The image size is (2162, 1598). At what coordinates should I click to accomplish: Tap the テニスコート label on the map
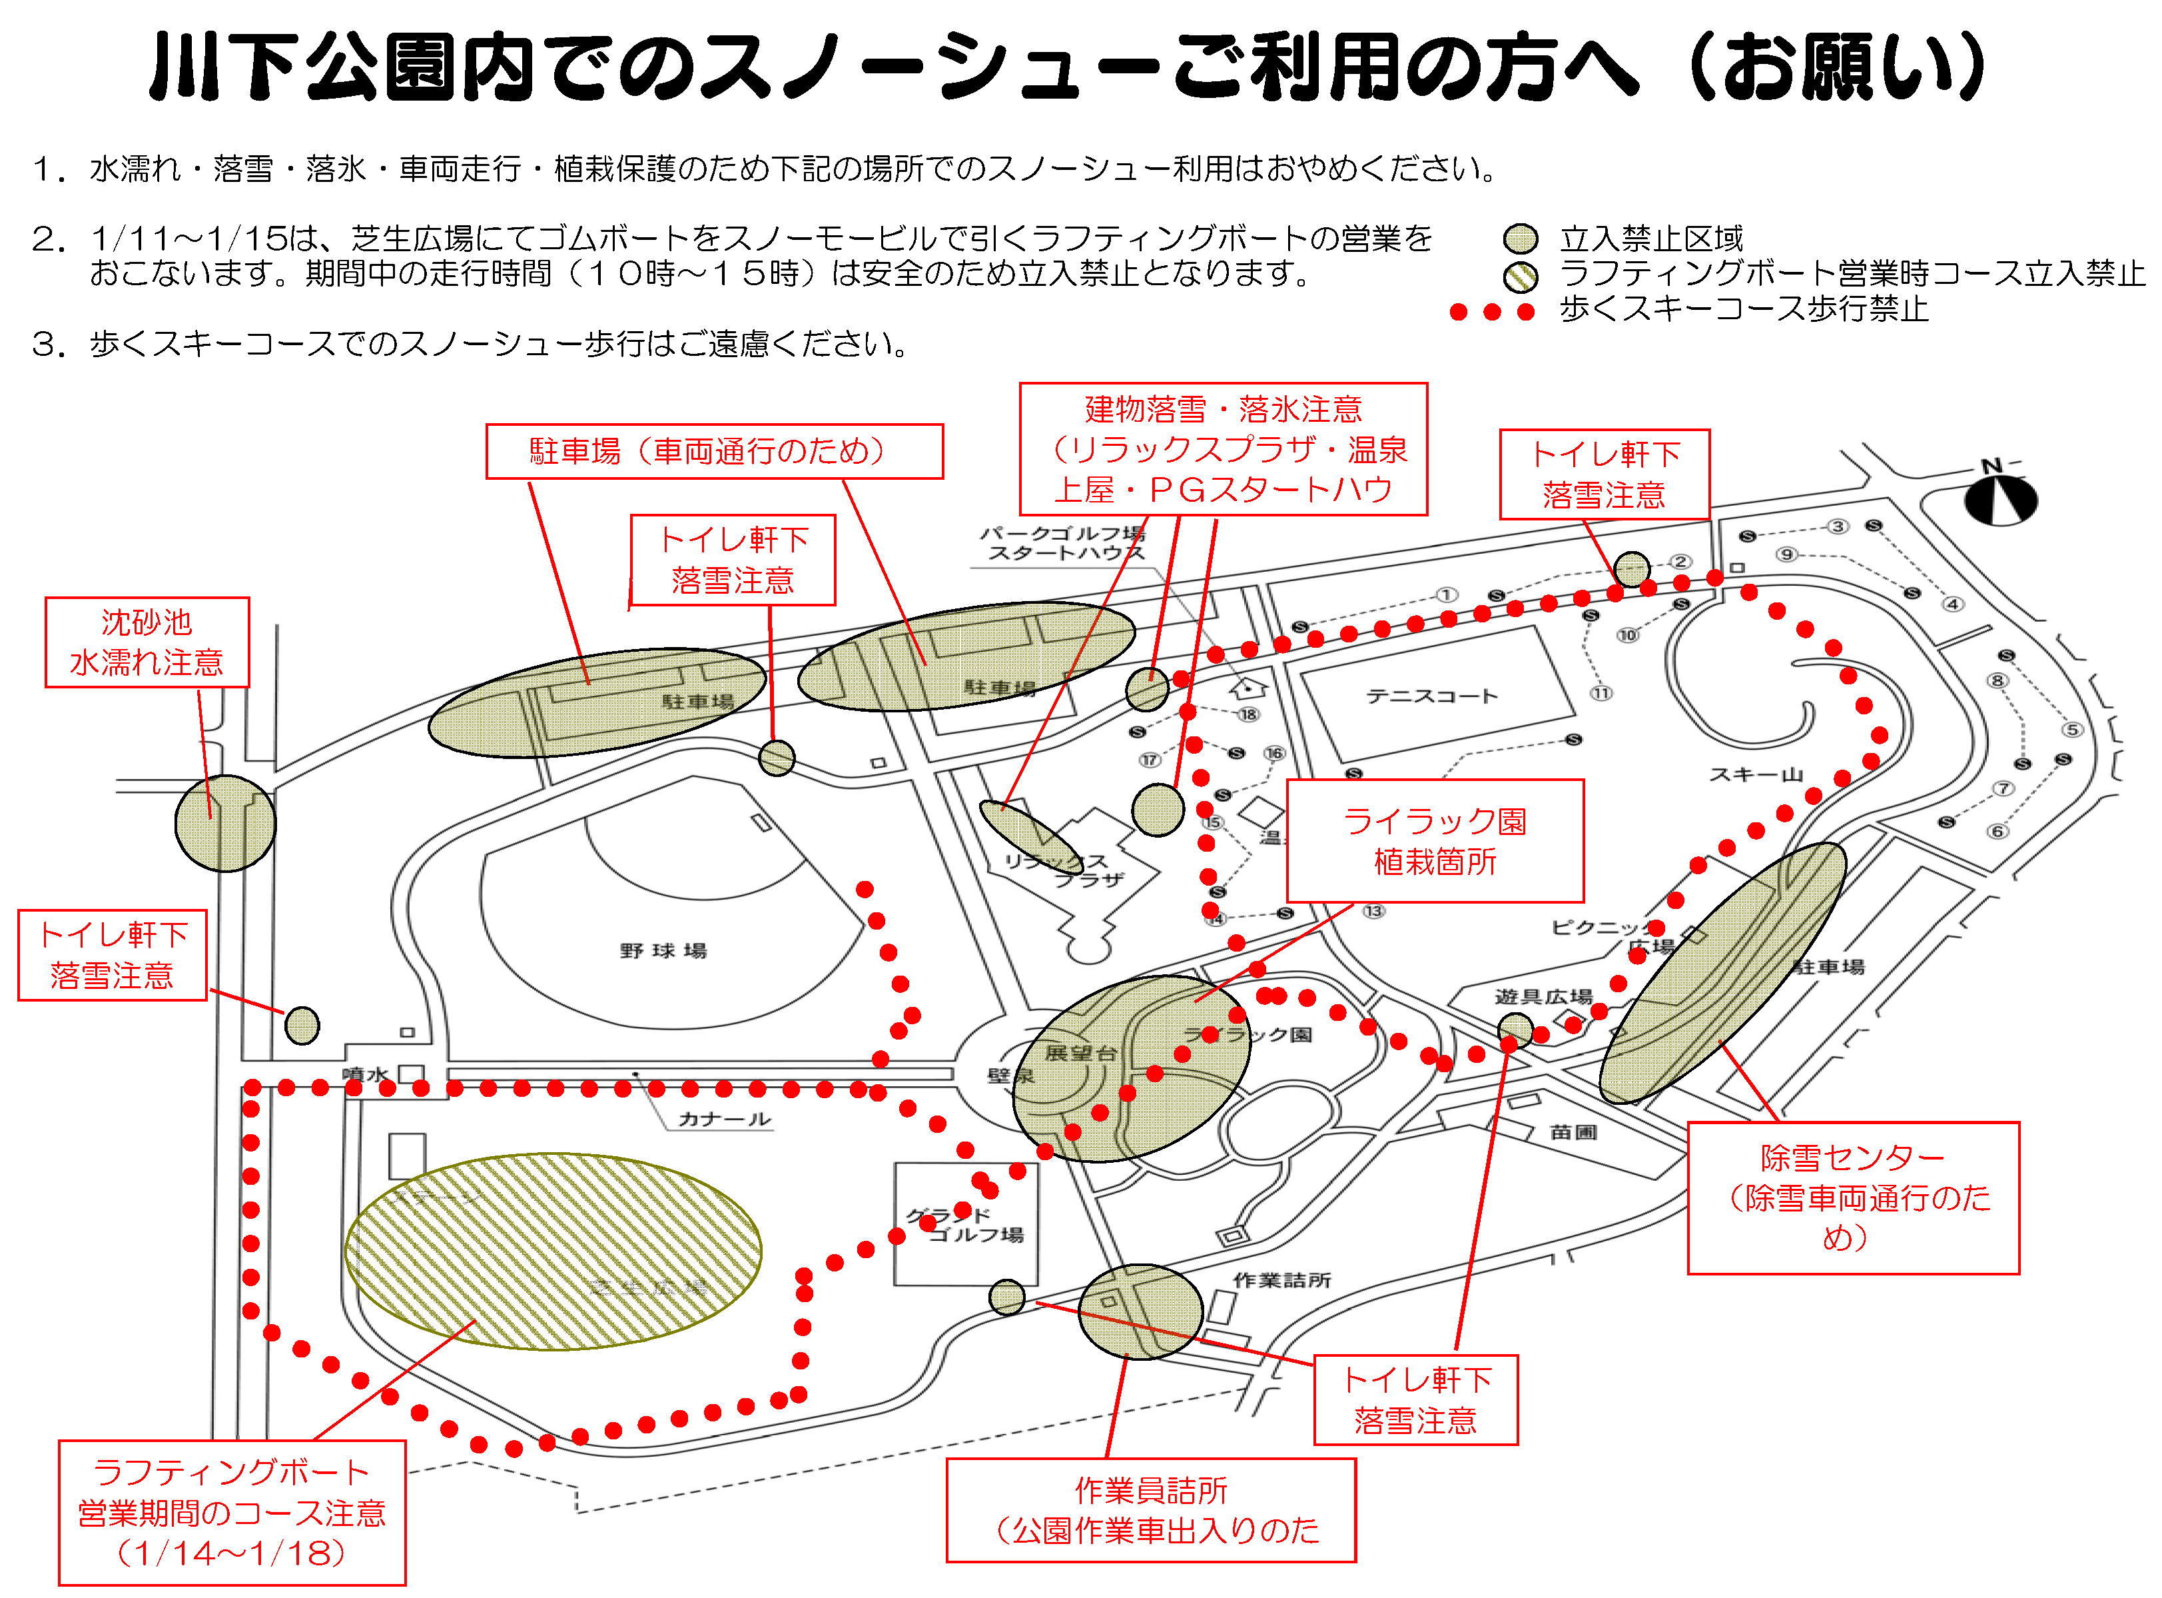point(1432,696)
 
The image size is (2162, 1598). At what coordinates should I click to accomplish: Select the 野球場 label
point(663,951)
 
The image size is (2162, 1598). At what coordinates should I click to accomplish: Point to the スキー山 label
point(1756,774)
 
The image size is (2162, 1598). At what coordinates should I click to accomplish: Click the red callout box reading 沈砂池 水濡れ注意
point(147,642)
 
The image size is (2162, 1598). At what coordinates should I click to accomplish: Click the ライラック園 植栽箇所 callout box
point(1435,840)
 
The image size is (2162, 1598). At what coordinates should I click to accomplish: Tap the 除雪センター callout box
point(1852,1198)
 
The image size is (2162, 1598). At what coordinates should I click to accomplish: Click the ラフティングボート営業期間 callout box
point(232,1513)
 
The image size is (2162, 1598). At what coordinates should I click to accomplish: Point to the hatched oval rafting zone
point(553,1251)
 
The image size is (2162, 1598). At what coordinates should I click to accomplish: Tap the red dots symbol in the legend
point(1492,311)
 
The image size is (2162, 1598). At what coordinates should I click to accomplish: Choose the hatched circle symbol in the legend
point(1521,277)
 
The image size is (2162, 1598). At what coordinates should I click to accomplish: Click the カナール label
point(724,1119)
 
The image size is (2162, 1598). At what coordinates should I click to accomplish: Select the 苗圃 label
point(1573,1132)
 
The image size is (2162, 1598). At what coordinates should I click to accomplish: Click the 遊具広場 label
point(1543,996)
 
